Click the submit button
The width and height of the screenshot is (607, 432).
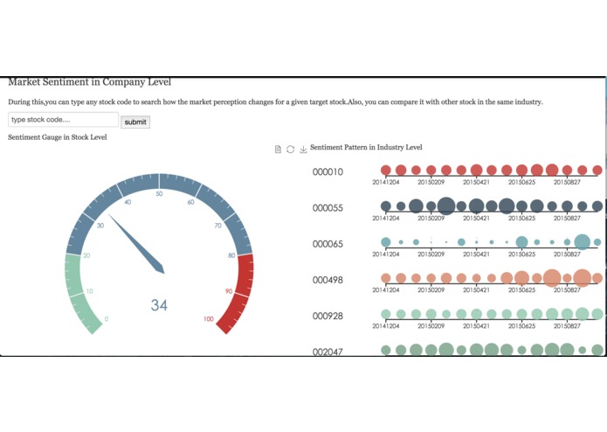pos(135,122)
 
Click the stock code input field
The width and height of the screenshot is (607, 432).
pos(63,120)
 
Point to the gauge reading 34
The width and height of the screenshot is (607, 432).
pos(159,305)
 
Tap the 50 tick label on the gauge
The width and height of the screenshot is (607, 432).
pos(159,194)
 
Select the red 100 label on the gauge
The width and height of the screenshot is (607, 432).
pos(208,319)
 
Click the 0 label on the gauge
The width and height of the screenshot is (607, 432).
pos(107,319)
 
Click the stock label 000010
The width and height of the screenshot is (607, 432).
pos(328,172)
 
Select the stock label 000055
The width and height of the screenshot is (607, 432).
pos(328,208)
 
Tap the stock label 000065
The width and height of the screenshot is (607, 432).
pos(328,244)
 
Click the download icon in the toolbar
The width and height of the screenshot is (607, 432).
pos(303,150)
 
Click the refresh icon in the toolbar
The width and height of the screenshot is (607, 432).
pos(291,150)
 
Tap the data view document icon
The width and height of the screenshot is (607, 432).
pos(278,150)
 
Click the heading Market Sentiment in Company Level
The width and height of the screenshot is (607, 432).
pos(89,82)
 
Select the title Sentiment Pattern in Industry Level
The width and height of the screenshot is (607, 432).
pos(366,148)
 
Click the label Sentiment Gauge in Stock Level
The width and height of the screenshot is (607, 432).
pos(58,137)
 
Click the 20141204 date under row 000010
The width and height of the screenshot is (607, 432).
pos(386,182)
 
